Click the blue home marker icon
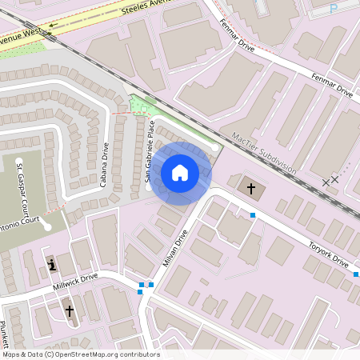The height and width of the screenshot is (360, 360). coord(180,173)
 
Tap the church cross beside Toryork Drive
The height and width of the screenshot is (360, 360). coord(251,189)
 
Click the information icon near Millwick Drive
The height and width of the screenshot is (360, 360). coord(52,265)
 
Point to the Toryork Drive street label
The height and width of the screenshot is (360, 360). coord(330,255)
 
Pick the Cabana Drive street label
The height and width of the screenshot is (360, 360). coord(105,165)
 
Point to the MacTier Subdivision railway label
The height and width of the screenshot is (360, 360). coord(263,152)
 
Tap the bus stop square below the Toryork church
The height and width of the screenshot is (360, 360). coord(253,215)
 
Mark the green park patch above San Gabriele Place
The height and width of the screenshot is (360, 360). coord(144,106)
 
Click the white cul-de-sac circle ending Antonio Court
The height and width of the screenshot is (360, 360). coord(47,226)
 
